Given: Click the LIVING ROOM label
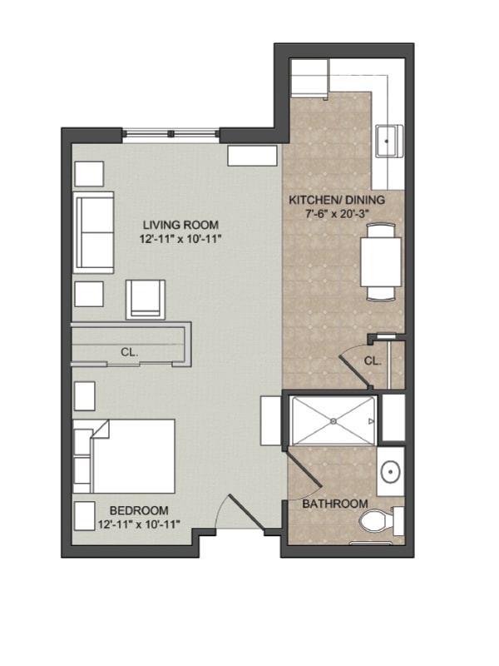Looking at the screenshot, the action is click(180, 225).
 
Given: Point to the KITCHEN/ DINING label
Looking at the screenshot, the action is click(337, 200).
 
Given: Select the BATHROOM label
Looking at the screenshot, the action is click(335, 504).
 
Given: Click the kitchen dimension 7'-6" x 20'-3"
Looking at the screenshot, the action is click(338, 214).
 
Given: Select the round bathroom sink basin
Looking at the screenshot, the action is click(390, 471).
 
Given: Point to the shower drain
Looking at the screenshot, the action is click(333, 421).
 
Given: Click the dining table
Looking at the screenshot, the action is click(381, 262).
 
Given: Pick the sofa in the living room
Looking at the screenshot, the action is click(93, 232).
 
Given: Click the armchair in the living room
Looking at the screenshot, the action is click(146, 300).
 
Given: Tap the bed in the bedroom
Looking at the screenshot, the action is click(124, 456).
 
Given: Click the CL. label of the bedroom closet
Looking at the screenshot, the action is click(130, 352).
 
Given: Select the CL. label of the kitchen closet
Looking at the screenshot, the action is click(373, 361).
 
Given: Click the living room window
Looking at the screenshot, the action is click(171, 134).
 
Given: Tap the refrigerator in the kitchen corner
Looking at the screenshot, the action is click(309, 77).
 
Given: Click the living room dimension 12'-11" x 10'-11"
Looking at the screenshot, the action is click(181, 239).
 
